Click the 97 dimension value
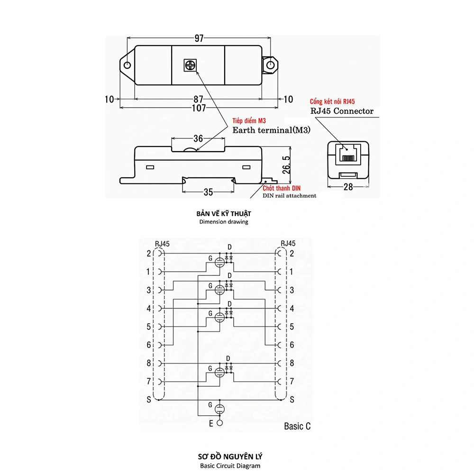199,38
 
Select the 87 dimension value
199,100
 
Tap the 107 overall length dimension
199,108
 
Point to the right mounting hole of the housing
271,65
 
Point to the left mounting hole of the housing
127,65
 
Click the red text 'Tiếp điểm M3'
249,121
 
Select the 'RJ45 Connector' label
342,111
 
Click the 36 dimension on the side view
198,138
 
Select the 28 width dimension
348,188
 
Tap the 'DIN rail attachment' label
290,195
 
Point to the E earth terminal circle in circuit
219,423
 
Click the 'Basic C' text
297,426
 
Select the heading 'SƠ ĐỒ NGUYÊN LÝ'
230,456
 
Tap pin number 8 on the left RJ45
148,363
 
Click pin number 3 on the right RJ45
292,290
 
